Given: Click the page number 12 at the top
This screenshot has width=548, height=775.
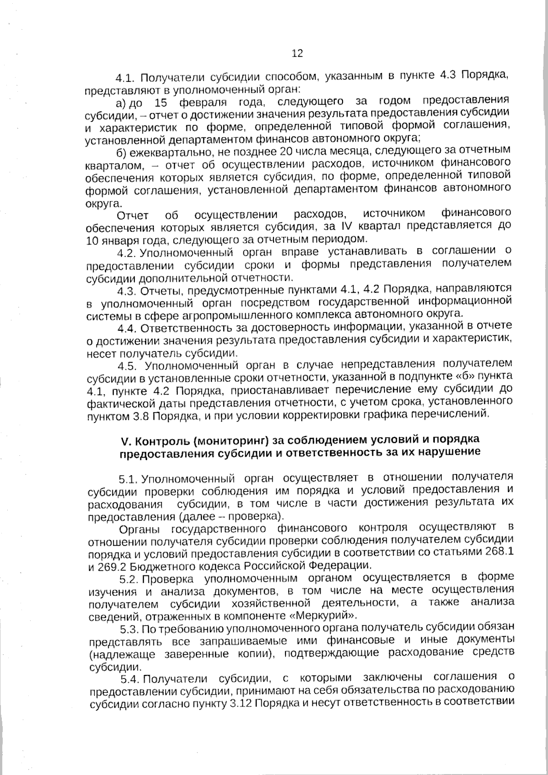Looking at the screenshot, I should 297,53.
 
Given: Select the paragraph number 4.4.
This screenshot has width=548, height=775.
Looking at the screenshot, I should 127,328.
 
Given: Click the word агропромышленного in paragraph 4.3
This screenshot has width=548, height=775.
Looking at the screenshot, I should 237,315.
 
